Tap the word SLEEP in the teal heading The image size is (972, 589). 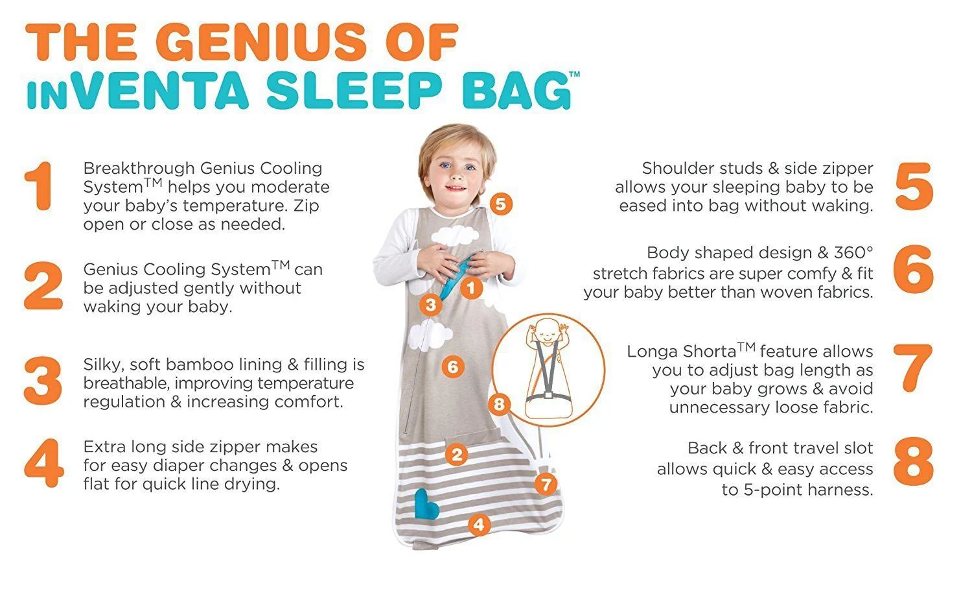click(354, 91)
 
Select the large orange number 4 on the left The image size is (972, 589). click(44, 463)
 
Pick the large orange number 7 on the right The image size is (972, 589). click(913, 368)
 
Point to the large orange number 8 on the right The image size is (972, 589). click(914, 461)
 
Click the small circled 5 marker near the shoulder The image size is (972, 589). click(501, 204)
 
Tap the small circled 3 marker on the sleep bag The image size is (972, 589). click(430, 304)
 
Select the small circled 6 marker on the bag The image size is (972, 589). click(453, 367)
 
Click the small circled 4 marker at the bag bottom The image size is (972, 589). click(479, 525)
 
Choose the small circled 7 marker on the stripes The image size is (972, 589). click(546, 485)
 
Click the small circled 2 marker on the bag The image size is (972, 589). click(456, 455)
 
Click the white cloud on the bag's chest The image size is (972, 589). click(455, 235)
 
